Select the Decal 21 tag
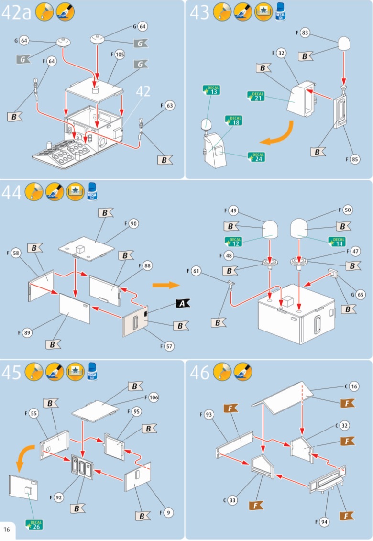257,96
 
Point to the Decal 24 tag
257,157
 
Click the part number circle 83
306,33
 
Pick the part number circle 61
197,272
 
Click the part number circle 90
133,224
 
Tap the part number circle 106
153,397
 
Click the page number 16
7,529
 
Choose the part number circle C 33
232,500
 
